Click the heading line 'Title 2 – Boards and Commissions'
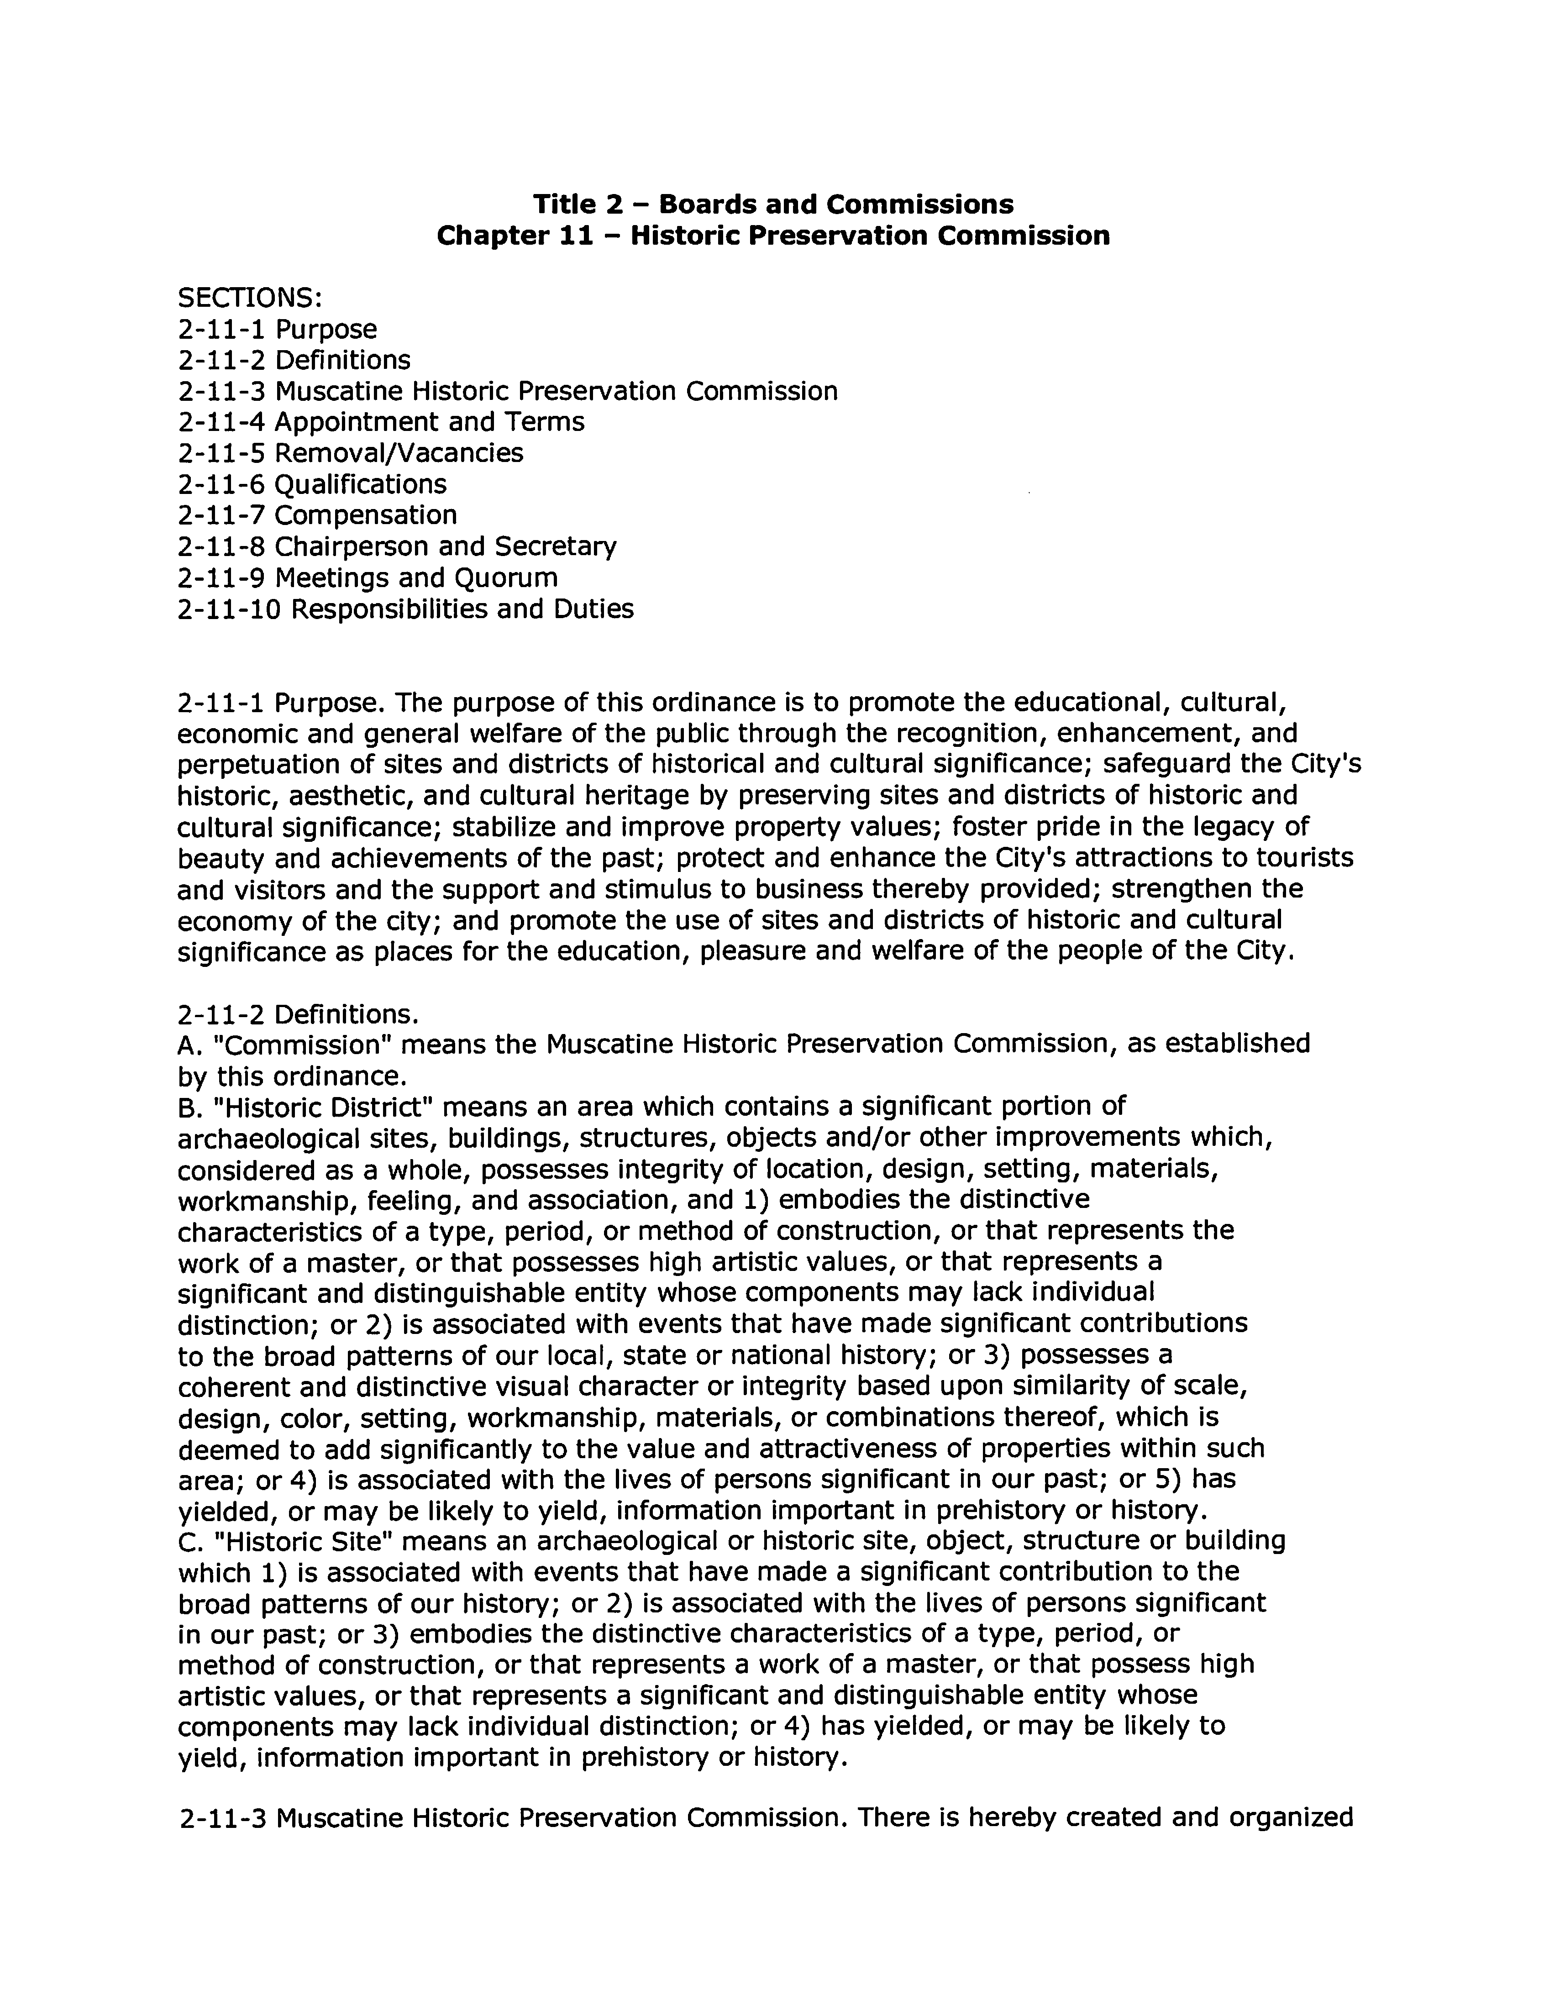(x=773, y=204)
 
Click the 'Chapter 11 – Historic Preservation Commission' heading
(x=773, y=236)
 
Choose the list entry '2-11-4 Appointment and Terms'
(x=380, y=422)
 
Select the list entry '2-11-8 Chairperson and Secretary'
(x=397, y=547)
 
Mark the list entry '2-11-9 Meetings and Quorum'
(x=368, y=578)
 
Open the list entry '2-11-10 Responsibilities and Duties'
(x=405, y=609)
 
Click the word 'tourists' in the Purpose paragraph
(x=1309, y=858)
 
